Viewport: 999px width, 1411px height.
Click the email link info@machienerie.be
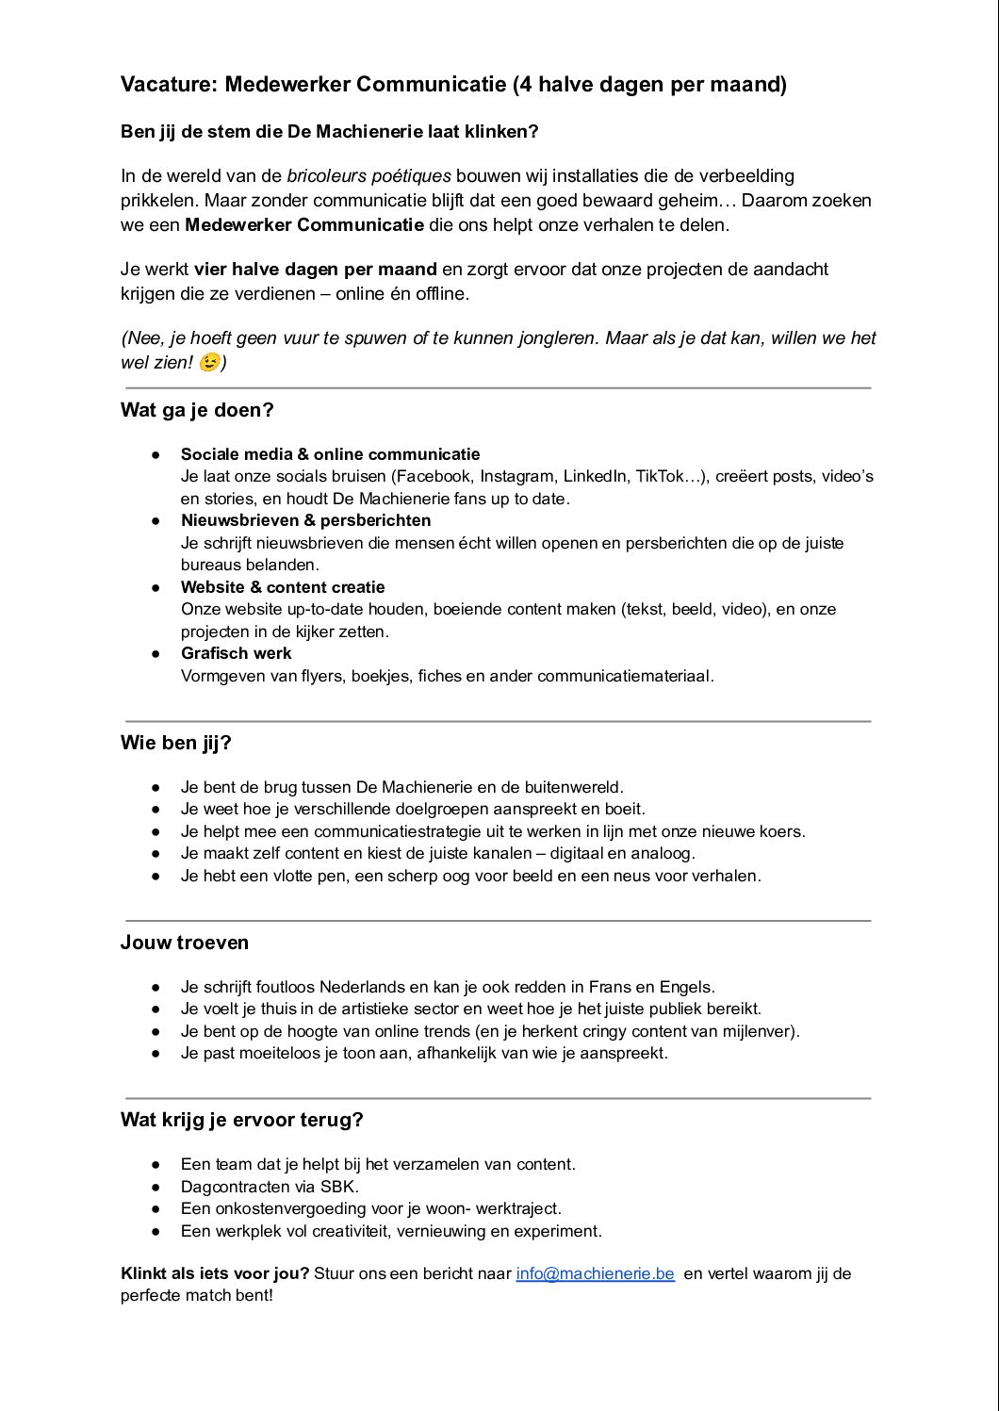click(x=595, y=1273)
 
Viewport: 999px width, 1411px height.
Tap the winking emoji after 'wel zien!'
click(x=209, y=362)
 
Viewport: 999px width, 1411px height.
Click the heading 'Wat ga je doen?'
click(x=197, y=410)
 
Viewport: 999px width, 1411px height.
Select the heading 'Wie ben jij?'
click(x=175, y=743)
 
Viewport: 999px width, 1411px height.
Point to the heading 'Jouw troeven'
click(x=185, y=943)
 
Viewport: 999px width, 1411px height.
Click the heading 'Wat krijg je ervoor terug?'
click(x=241, y=1120)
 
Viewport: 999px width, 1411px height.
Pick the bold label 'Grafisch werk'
click(x=237, y=653)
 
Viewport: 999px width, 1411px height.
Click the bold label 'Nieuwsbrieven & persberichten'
click(x=306, y=520)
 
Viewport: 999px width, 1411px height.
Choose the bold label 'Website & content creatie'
click(x=283, y=587)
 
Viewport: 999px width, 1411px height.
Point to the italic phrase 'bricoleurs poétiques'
click(x=368, y=176)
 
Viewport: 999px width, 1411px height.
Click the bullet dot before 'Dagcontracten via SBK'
click(x=156, y=1187)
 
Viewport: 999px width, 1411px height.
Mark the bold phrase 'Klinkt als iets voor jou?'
click(x=215, y=1273)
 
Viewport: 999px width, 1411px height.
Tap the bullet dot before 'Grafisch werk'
click(x=156, y=653)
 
